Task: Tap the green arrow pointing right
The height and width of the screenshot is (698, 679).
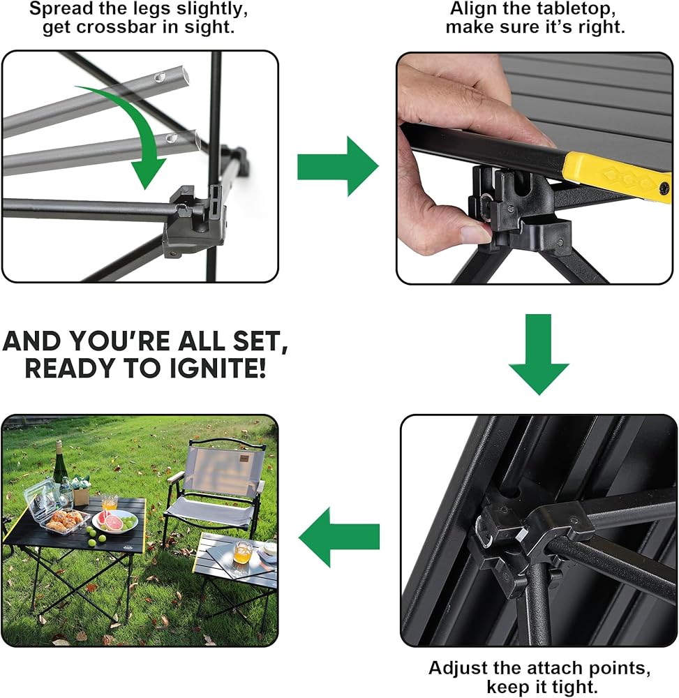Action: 338,167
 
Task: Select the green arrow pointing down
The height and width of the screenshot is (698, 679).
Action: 539,355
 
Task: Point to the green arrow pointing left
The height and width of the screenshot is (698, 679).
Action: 339,537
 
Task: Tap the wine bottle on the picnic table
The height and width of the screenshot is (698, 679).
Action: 59,462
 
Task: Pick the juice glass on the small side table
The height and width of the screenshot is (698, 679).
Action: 242,552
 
